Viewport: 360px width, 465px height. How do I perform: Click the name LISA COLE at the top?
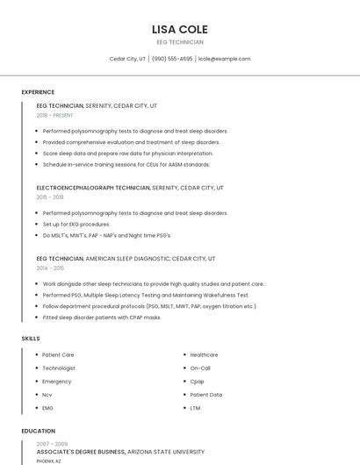click(180, 30)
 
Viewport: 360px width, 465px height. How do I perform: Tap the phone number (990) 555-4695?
click(172, 59)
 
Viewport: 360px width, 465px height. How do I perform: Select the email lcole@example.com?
click(225, 59)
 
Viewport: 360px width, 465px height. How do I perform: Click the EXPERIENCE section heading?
click(38, 92)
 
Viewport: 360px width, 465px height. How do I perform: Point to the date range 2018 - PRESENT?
click(55, 115)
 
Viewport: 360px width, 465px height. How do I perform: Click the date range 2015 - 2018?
click(50, 197)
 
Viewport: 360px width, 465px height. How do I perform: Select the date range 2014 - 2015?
click(50, 268)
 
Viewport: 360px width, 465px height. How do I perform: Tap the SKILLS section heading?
click(31, 338)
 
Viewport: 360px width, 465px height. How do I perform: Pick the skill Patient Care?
click(58, 354)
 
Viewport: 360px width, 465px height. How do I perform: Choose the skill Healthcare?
click(204, 354)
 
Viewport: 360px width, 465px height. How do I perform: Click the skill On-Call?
click(200, 368)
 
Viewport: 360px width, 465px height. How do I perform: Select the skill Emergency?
click(57, 382)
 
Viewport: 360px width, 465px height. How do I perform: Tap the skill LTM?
click(195, 408)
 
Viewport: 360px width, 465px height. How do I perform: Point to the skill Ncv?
click(47, 395)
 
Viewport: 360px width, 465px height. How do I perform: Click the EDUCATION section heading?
click(39, 431)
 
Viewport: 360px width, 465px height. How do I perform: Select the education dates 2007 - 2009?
click(52, 444)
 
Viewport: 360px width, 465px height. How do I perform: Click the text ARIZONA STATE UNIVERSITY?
click(166, 452)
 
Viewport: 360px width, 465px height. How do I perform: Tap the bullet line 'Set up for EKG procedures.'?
click(76, 225)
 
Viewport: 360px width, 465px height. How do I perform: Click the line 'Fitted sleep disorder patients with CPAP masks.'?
click(102, 318)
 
